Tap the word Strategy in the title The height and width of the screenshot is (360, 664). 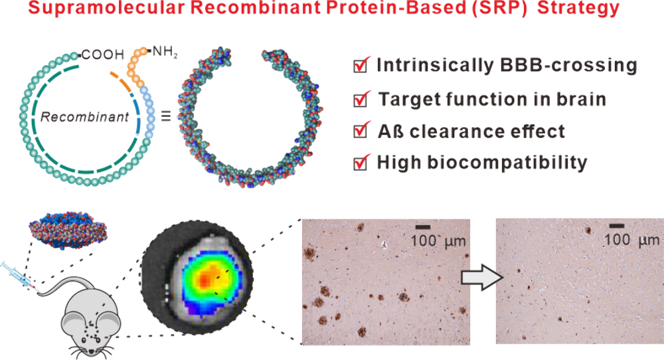click(x=578, y=8)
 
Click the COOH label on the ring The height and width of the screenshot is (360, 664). click(x=103, y=54)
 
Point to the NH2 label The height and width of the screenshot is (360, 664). click(x=165, y=52)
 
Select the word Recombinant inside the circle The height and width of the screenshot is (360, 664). click(x=85, y=117)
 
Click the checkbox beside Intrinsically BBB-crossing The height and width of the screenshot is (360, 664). click(x=361, y=65)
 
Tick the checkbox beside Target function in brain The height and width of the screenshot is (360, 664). click(x=361, y=98)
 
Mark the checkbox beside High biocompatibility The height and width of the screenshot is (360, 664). click(x=361, y=162)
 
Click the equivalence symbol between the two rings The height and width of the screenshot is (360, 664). click(x=165, y=116)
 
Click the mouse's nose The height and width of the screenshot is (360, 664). click(x=91, y=353)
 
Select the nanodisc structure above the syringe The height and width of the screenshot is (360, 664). click(x=68, y=231)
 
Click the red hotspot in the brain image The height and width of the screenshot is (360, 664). click(x=205, y=280)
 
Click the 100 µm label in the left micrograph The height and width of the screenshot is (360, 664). click(x=438, y=241)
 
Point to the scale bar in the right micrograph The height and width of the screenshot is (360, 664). click(x=617, y=226)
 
